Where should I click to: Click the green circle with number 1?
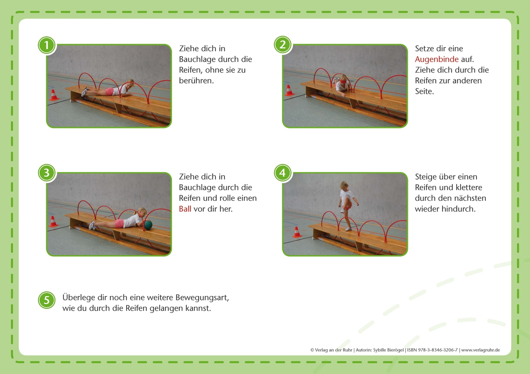(47, 46)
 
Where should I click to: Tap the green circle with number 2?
(283, 45)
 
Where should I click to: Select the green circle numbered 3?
(47, 173)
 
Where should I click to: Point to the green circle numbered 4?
(283, 173)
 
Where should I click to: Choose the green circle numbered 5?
(47, 300)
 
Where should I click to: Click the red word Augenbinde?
(436, 59)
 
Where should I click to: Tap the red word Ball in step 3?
(185, 209)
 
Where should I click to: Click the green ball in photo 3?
(148, 225)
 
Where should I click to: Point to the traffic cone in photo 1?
(54, 95)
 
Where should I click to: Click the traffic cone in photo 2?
(289, 91)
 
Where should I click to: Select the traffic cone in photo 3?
(53, 221)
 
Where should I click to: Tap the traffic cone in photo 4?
(297, 232)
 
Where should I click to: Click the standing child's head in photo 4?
(343, 185)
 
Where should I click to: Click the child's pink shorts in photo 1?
(110, 91)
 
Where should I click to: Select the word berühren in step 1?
(196, 80)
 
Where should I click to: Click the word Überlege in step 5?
(79, 297)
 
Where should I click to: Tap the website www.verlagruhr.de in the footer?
(481, 350)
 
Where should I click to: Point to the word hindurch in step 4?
(460, 209)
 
